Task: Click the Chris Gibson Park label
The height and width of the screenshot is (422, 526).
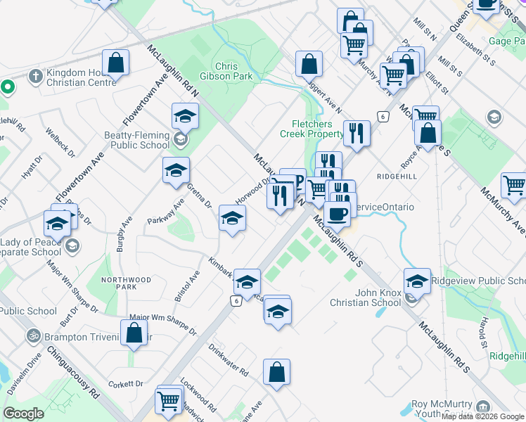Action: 233,71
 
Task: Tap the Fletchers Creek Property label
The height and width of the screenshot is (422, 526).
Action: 312,129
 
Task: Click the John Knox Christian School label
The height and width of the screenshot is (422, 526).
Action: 368,298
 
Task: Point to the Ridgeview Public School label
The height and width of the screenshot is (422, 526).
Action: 477,281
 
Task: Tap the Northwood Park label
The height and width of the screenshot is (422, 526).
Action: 127,283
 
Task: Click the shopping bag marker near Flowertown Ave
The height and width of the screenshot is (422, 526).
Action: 116,63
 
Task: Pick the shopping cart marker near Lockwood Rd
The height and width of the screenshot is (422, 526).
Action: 169,401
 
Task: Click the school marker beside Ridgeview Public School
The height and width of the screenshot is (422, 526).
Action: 417,281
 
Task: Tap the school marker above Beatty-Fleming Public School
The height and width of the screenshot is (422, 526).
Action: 185,115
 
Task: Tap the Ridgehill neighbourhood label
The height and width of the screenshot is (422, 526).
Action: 397,175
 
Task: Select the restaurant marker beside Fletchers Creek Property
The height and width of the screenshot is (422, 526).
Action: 357,133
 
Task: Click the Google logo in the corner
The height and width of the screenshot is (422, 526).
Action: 23,414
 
